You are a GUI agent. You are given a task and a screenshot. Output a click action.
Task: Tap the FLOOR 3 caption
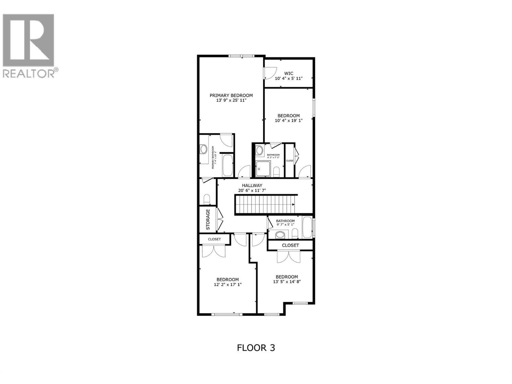coord(256,348)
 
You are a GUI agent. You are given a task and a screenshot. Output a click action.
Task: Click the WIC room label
coord(289,73)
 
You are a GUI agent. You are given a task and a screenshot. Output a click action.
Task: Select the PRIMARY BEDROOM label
coord(231,95)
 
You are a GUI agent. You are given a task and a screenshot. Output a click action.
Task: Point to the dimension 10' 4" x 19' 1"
coord(289,121)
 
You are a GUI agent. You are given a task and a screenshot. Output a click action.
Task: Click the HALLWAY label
coord(252,185)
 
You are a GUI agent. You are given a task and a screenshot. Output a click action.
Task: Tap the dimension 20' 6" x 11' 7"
coord(252,190)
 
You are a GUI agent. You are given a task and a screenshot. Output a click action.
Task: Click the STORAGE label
coord(208,220)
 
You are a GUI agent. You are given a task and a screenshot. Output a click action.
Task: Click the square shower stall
coord(263,169)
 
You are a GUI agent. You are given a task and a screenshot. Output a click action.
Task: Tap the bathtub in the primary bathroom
coord(228,165)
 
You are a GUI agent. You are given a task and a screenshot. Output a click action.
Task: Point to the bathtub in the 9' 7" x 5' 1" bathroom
coord(307,228)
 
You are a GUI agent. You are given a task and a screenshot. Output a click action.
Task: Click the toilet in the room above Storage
coord(207,199)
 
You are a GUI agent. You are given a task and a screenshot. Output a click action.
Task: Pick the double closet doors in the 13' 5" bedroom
coord(289,256)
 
